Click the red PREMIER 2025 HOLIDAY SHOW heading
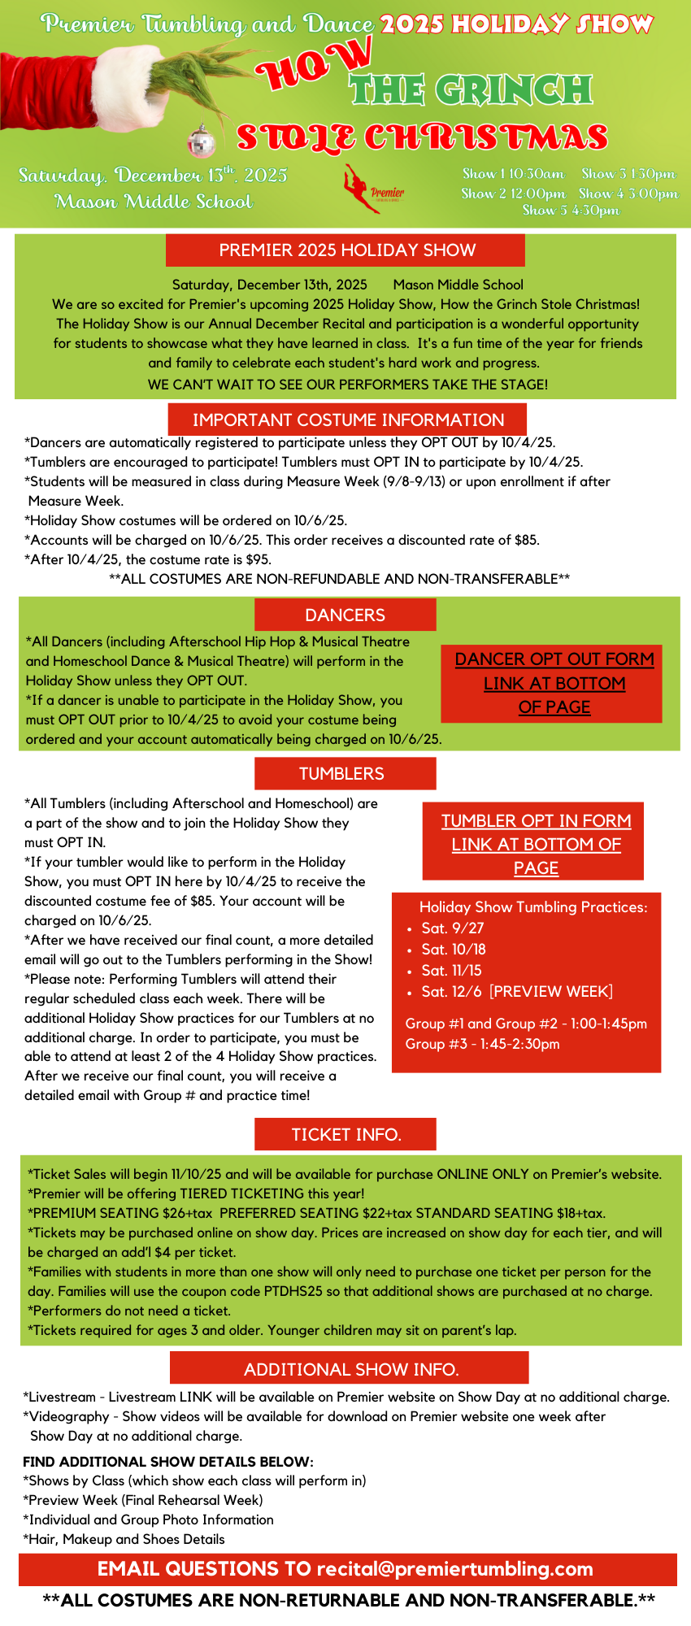[x=346, y=250]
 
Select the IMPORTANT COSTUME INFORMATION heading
[x=348, y=420]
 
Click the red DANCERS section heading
[x=345, y=615]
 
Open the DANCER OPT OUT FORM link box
[x=554, y=683]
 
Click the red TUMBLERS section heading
[x=345, y=773]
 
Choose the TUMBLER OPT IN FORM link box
[x=536, y=844]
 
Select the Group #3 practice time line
[x=482, y=1044]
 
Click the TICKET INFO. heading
[x=346, y=1134]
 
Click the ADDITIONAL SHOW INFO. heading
[x=350, y=1369]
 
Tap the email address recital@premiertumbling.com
[x=454, y=1569]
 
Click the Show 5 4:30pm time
[x=571, y=211]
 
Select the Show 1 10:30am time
[x=513, y=174]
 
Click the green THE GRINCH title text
[x=471, y=90]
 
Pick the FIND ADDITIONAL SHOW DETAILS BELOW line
[x=168, y=1462]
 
